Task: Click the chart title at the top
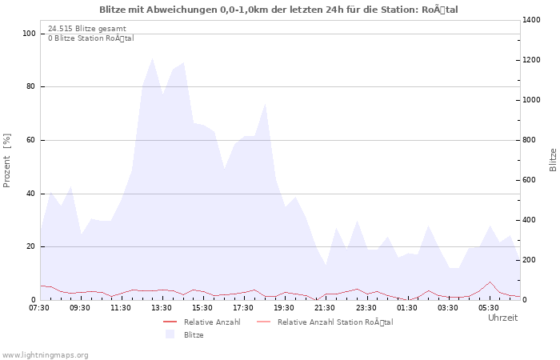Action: tap(279, 10)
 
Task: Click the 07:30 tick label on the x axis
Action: tap(40, 307)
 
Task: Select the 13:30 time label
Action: tap(162, 307)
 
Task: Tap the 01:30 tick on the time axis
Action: tap(407, 307)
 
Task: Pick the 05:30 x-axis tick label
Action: tap(489, 307)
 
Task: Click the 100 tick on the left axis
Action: tap(29, 34)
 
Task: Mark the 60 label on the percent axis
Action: tap(31, 140)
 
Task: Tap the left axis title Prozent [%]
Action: tap(7, 161)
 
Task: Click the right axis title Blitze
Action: tap(553, 159)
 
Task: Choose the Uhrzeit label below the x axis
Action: tap(502, 318)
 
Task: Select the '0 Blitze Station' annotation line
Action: tap(90, 38)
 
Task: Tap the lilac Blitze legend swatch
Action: tap(170, 334)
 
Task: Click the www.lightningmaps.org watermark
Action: tap(45, 354)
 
